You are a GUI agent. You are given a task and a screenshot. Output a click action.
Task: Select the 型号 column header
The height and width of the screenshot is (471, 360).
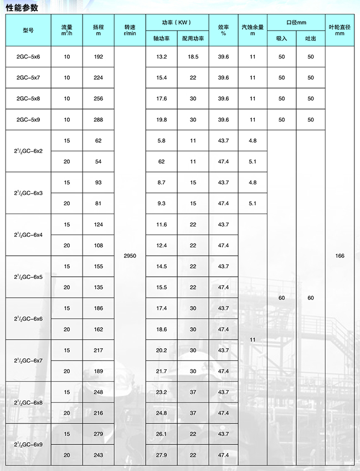click(28, 30)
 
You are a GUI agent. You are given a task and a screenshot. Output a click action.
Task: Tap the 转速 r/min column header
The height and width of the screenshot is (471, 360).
click(130, 30)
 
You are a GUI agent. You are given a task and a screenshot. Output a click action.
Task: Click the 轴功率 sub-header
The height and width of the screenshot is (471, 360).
click(162, 39)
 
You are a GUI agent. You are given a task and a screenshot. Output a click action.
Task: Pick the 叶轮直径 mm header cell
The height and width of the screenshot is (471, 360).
click(340, 30)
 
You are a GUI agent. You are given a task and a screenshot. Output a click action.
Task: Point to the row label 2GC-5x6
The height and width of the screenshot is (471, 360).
click(28, 57)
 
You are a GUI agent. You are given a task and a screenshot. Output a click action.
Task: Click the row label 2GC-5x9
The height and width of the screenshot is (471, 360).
click(28, 120)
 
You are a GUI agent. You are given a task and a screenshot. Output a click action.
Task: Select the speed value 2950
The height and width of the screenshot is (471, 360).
click(130, 256)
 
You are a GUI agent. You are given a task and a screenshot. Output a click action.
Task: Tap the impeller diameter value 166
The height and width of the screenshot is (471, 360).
click(340, 256)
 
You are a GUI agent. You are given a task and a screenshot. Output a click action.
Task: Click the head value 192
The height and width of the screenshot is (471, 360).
click(99, 57)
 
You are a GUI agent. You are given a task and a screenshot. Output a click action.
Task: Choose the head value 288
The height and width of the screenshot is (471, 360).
click(99, 120)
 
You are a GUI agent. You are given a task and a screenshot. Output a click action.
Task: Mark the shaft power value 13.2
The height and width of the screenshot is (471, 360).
click(162, 57)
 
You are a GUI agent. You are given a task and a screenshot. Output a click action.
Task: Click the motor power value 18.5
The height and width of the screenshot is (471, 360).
click(193, 57)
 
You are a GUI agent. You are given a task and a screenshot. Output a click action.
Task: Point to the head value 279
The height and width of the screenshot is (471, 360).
click(99, 433)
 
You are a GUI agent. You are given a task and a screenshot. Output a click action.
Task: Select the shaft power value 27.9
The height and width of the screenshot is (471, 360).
click(162, 454)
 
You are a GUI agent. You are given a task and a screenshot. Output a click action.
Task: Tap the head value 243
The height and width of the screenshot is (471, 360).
click(99, 454)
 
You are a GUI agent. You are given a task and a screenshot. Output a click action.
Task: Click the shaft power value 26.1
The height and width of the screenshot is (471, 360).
click(162, 433)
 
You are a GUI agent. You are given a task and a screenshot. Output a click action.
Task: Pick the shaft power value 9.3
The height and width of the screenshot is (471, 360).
click(162, 204)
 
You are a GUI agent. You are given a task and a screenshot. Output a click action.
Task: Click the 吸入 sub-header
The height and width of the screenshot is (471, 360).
click(281, 39)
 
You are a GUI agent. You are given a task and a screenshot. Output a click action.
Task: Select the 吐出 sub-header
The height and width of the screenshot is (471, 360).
click(311, 39)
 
